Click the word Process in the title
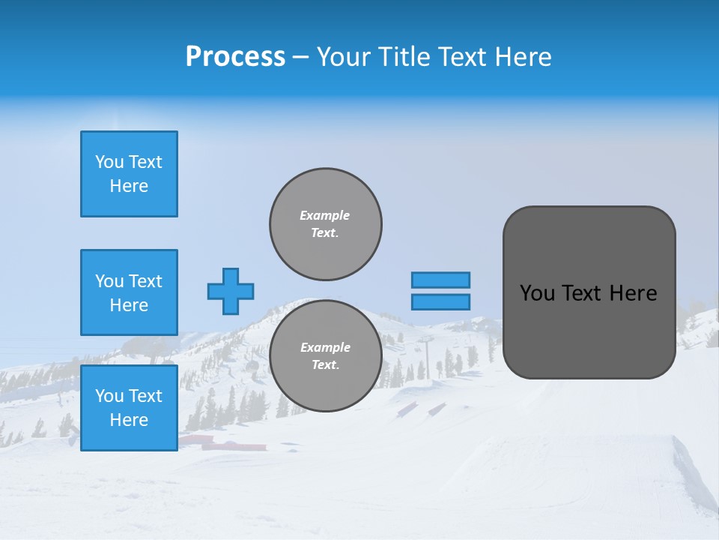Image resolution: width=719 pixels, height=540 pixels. click(235, 57)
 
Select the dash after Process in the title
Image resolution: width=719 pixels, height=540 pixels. click(300, 58)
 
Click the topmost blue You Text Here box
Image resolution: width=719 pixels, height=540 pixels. click(129, 174)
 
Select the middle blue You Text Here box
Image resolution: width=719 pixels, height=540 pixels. click(129, 292)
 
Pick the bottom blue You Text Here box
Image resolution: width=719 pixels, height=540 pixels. click(129, 407)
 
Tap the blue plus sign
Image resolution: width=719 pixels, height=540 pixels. click(231, 291)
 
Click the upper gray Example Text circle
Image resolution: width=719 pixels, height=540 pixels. click(325, 224)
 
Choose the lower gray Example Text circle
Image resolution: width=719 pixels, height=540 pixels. click(325, 356)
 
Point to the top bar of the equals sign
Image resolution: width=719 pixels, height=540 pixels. click(440, 280)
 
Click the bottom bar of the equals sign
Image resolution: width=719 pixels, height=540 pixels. click(440, 301)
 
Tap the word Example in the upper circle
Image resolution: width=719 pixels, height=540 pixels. click(325, 215)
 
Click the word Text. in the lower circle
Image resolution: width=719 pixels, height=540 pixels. click(325, 365)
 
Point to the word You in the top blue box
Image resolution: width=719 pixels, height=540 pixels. click(109, 162)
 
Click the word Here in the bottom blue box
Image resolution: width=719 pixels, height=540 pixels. click(129, 420)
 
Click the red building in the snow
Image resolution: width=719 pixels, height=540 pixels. click(225, 444)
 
